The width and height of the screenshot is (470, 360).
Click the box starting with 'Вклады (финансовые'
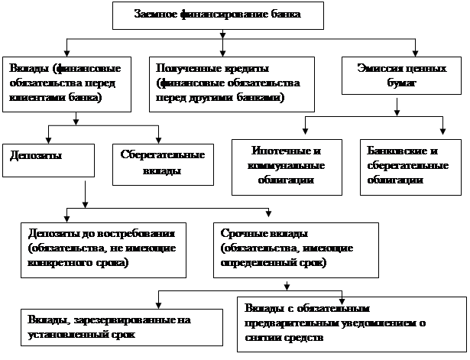point(66,83)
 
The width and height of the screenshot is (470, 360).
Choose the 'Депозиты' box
point(49,162)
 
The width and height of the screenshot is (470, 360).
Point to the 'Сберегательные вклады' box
point(162,163)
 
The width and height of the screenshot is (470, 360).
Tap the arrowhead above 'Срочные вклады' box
point(269,215)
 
